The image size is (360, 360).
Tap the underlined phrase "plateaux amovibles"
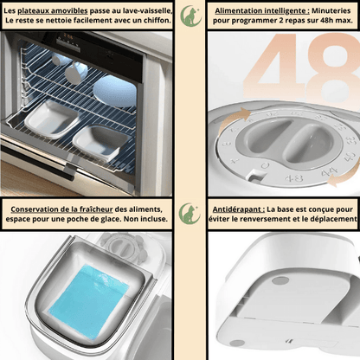(x=53, y=11)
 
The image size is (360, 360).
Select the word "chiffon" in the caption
(x=156, y=21)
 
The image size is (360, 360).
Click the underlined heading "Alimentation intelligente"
(x=261, y=11)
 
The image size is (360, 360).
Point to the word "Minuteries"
(x=331, y=11)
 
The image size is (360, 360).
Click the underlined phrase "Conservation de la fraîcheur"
(x=61, y=209)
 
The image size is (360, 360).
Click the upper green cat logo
(x=190, y=16)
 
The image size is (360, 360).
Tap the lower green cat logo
(x=190, y=213)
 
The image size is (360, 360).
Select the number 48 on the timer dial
(x=294, y=178)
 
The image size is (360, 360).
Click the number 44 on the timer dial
(x=329, y=173)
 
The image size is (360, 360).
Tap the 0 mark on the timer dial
(x=265, y=165)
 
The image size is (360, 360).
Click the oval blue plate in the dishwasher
(x=115, y=91)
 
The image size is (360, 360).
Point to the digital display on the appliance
(x=68, y=36)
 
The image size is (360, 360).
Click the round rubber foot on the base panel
(x=280, y=280)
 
